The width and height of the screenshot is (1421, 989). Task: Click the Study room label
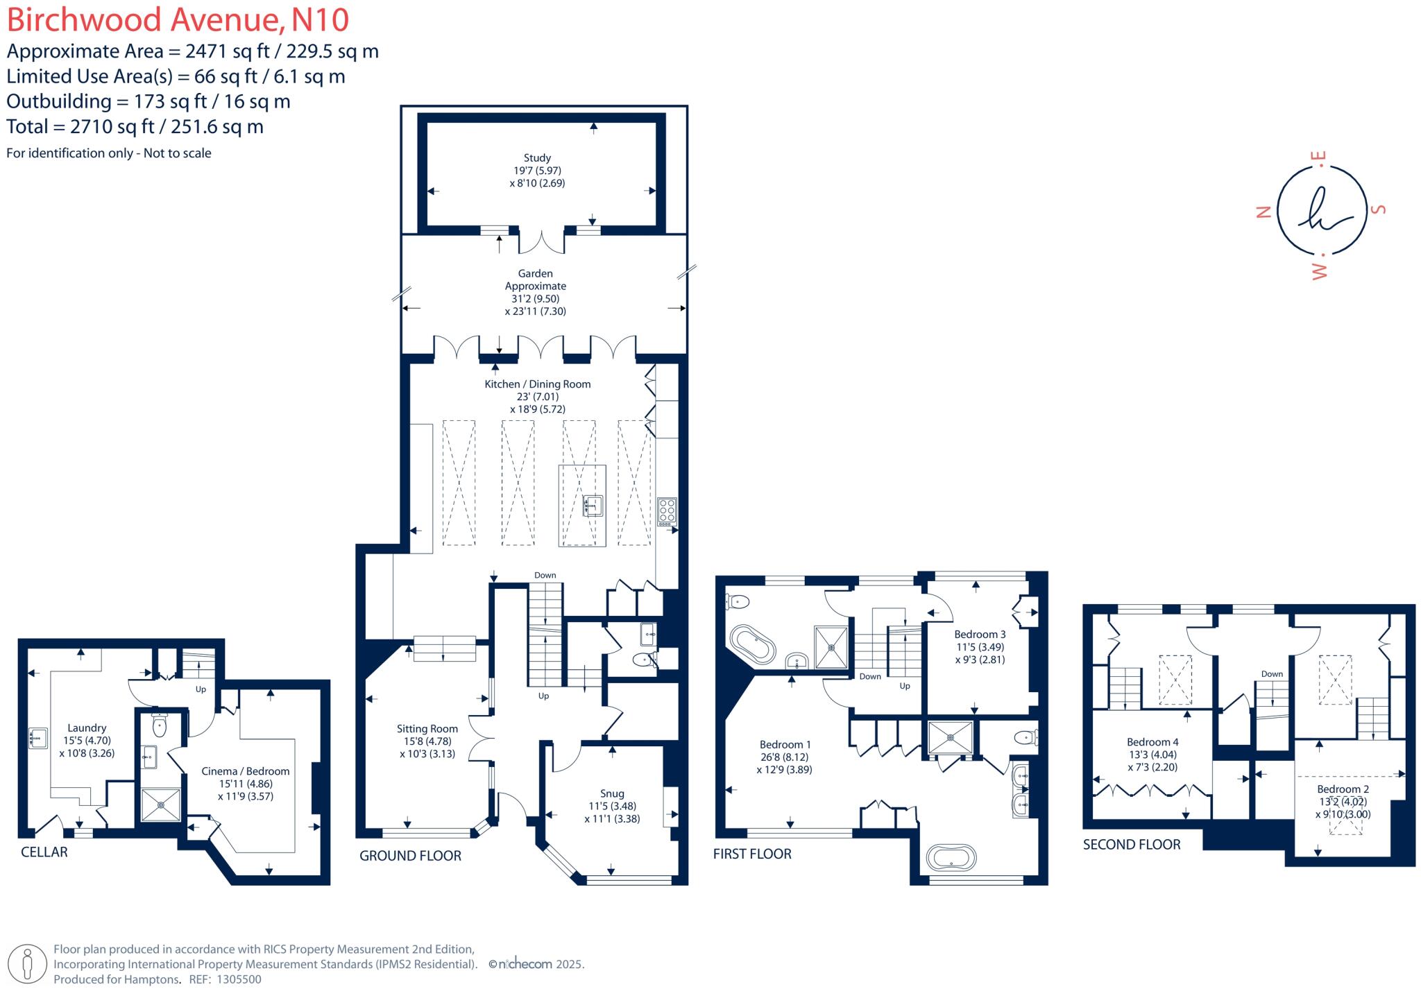coord(537,158)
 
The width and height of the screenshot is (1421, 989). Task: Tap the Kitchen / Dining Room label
coord(538,384)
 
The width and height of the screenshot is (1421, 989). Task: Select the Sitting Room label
coord(427,728)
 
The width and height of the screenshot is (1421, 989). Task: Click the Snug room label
coord(612,793)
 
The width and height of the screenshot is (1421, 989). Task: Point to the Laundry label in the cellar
coord(87,728)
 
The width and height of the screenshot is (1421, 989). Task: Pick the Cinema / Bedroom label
coord(246,771)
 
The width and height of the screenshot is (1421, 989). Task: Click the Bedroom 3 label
coord(980,634)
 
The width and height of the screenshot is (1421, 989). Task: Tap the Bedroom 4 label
coord(1152,741)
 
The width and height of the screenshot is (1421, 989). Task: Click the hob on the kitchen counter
coord(667,511)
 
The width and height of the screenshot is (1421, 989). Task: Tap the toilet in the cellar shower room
coord(160,725)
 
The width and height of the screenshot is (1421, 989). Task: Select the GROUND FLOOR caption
coord(410,856)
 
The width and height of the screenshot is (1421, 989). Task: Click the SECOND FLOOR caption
coord(1132,844)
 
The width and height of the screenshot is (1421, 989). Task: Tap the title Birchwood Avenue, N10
coord(178,19)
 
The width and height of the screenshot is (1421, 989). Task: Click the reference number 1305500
coord(239,979)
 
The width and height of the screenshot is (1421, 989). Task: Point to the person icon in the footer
coord(28,963)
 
